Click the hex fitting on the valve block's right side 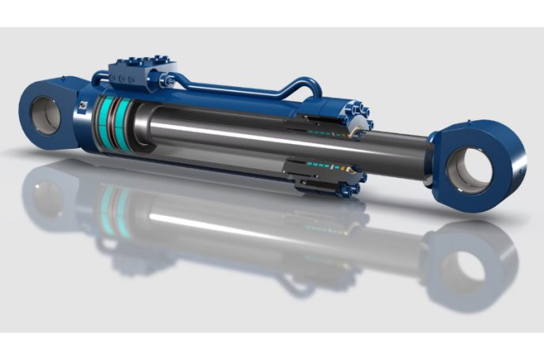click(x=169, y=81)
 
